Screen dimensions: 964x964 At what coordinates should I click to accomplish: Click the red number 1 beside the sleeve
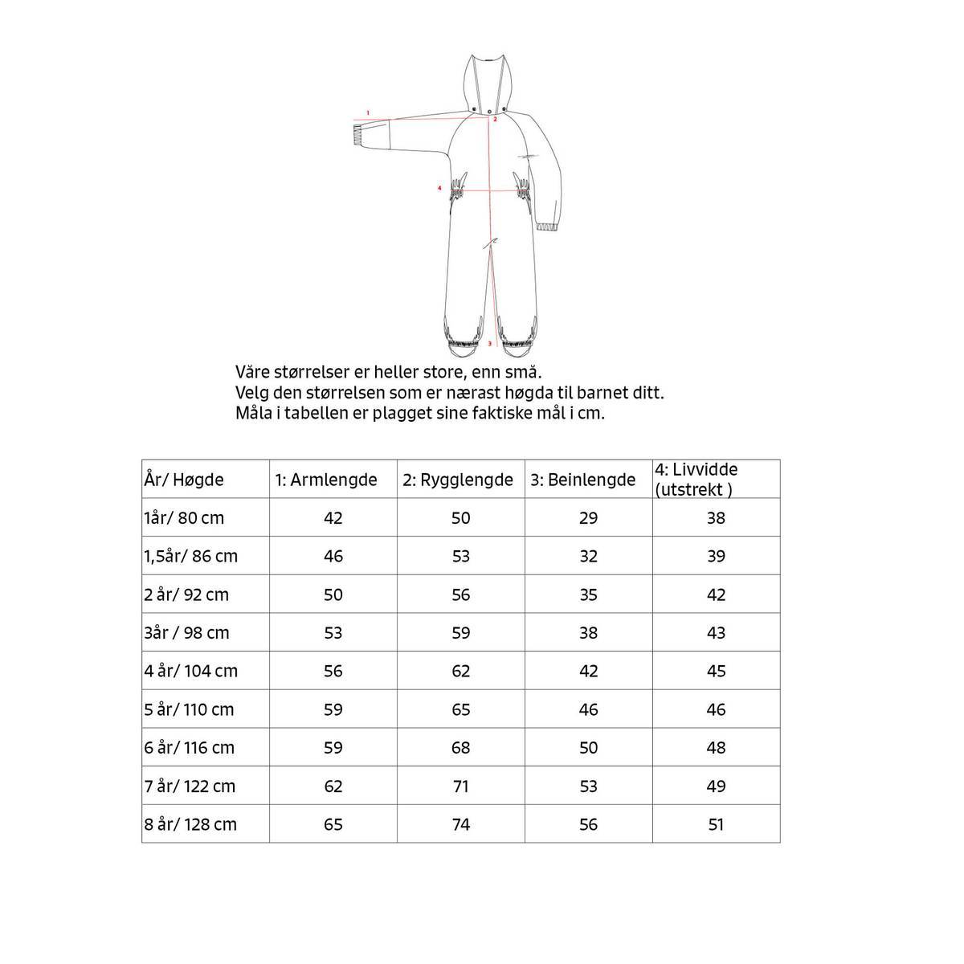pyautogui.click(x=367, y=112)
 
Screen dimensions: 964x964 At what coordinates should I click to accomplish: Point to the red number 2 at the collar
pyautogui.click(x=496, y=119)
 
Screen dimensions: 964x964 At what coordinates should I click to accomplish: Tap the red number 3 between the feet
pyautogui.click(x=490, y=343)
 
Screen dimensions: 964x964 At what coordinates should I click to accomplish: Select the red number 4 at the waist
pyautogui.click(x=439, y=189)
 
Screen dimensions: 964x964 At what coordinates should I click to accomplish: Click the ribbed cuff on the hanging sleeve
pyautogui.click(x=548, y=227)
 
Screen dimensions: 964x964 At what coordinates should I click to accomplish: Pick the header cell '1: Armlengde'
pyautogui.click(x=326, y=480)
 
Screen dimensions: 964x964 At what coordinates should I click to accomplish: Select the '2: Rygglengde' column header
pyautogui.click(x=458, y=480)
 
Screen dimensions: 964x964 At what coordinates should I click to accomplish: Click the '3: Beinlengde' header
pyautogui.click(x=583, y=480)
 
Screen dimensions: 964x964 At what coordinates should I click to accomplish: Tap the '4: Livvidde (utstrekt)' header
pyautogui.click(x=696, y=480)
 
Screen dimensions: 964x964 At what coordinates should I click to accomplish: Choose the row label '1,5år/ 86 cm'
pyautogui.click(x=191, y=556)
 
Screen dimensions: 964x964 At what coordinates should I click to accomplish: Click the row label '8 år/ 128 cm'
pyautogui.click(x=190, y=824)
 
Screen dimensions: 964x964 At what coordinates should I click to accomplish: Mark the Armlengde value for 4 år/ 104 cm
pyautogui.click(x=333, y=671)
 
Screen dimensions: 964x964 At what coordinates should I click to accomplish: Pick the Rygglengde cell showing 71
pyautogui.click(x=460, y=786)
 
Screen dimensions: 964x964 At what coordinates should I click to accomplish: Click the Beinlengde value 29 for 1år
pyautogui.click(x=588, y=518)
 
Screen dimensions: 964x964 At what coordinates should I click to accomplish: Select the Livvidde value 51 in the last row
pyautogui.click(x=716, y=824)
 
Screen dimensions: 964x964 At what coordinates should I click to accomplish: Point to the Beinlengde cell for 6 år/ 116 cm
pyautogui.click(x=588, y=748)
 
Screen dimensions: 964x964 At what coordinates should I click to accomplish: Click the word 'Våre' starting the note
pyautogui.click(x=252, y=373)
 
